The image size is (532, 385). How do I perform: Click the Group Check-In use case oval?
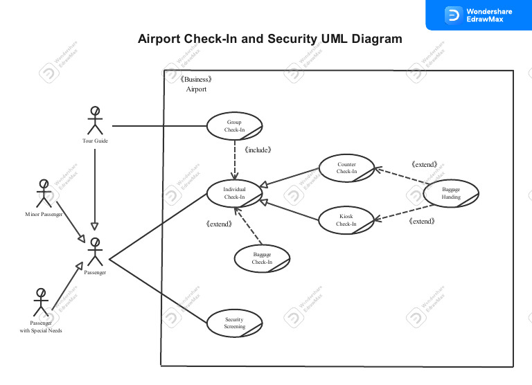pyautogui.click(x=234, y=126)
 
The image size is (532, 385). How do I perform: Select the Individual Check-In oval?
pyautogui.click(x=234, y=193)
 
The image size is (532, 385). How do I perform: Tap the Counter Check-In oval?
pyautogui.click(x=346, y=168)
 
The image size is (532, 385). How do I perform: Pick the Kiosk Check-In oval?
pyautogui.click(x=346, y=220)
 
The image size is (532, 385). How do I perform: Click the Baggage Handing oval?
pyautogui.click(x=451, y=193)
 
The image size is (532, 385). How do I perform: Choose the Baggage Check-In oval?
pyautogui.click(x=262, y=258)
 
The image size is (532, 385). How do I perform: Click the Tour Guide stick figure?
pyautogui.click(x=95, y=120)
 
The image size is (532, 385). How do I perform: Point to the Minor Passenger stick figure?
pyautogui.click(x=44, y=193)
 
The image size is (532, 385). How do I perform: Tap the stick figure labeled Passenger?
pyautogui.click(x=95, y=252)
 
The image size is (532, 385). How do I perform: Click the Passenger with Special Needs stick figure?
pyautogui.click(x=41, y=302)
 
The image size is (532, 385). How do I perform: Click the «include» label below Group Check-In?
pyautogui.click(x=257, y=150)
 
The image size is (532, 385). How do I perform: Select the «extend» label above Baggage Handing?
pyautogui.click(x=424, y=165)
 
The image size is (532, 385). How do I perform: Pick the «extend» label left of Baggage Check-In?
pyautogui.click(x=220, y=224)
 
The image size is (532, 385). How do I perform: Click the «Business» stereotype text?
pyautogui.click(x=195, y=80)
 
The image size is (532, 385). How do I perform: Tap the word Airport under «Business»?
pyautogui.click(x=196, y=89)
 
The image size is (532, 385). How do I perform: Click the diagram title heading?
pyautogui.click(x=270, y=39)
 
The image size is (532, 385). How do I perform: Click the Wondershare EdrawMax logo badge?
pyautogui.click(x=478, y=15)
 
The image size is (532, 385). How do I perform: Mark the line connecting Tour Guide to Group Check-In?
pyautogui.click(x=159, y=126)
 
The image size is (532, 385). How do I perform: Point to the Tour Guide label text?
pyautogui.click(x=95, y=141)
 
